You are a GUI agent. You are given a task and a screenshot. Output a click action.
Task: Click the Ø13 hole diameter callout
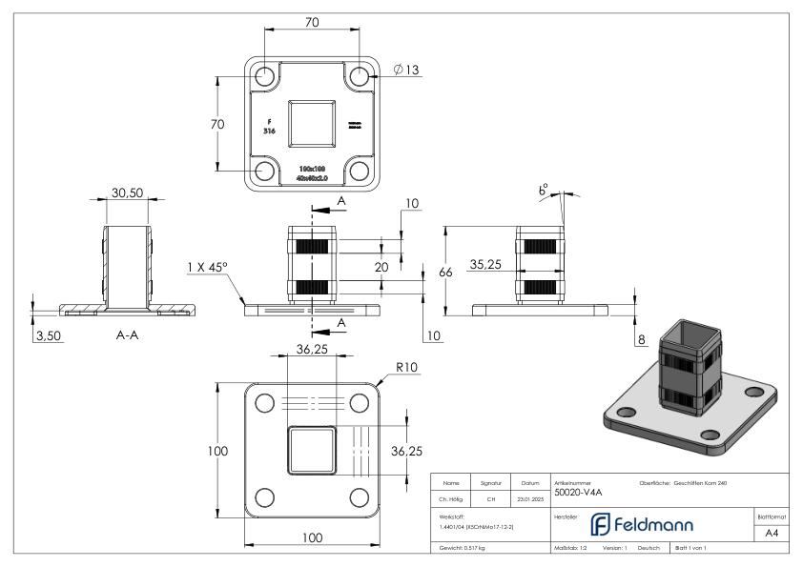[x=407, y=71]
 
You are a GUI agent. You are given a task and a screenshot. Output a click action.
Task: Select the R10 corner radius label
[x=407, y=367]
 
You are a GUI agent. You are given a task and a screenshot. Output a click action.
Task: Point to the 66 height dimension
[x=444, y=273]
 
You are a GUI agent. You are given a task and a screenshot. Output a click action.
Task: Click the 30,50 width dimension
[x=127, y=192]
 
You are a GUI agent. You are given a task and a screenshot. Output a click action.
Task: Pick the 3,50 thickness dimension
[x=47, y=336]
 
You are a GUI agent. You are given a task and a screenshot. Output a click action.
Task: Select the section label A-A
[x=127, y=336]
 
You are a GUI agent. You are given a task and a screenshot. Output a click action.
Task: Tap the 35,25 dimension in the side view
[x=486, y=265]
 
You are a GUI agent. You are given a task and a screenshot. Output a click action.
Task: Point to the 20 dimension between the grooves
[x=381, y=268]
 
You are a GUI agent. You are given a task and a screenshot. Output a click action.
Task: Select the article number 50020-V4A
[x=579, y=493]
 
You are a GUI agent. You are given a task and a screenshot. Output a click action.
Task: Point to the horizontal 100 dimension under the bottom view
[x=311, y=537]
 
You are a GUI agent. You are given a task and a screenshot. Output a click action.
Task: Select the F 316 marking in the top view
[x=270, y=126]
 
